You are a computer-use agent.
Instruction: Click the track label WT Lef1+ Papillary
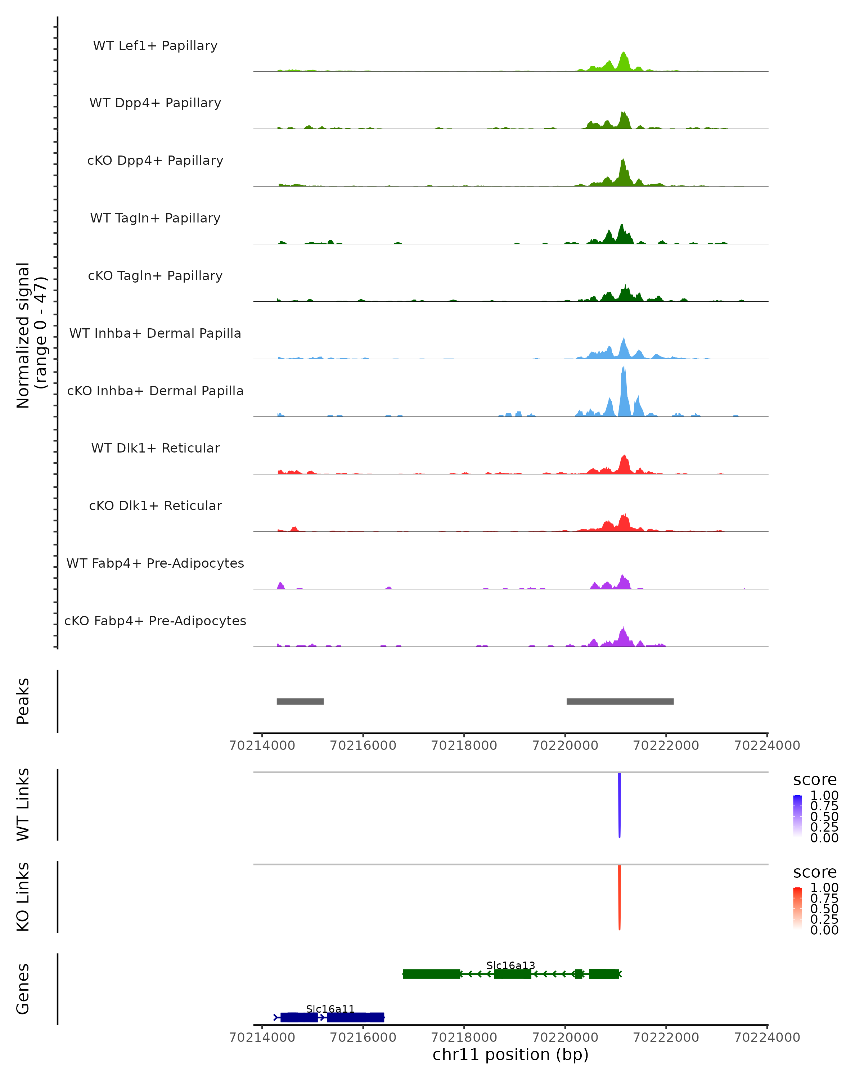[x=155, y=46]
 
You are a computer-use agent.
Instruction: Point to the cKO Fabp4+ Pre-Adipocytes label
[x=155, y=621]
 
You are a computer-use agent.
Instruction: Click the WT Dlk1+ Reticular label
[x=155, y=448]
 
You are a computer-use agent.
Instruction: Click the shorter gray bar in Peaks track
[x=300, y=701]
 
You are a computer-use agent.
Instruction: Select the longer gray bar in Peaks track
[x=620, y=701]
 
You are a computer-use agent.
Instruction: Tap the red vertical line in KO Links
[x=620, y=897]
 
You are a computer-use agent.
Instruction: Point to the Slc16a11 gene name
[x=330, y=1009]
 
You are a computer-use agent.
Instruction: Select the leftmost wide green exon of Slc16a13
[x=431, y=974]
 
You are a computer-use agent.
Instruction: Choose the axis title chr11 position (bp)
[x=510, y=1055]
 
